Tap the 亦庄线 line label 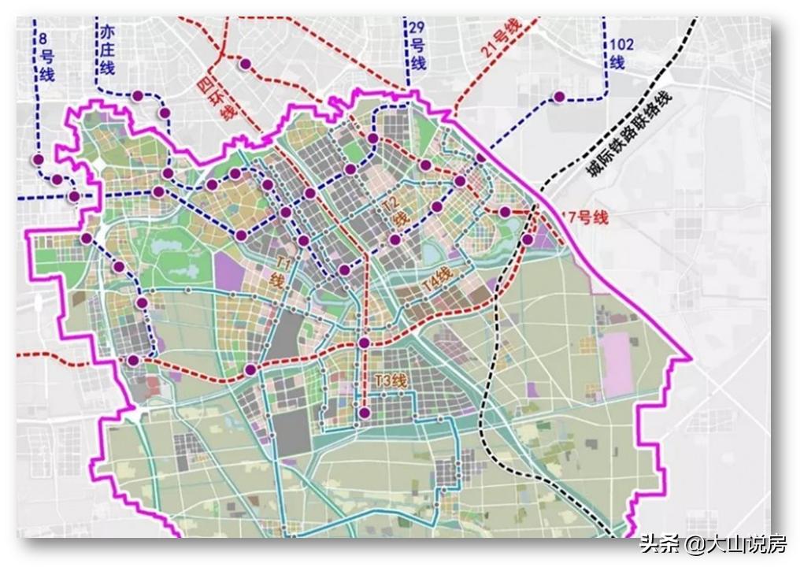pos(107,49)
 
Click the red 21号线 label pos(501,38)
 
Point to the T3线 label pos(391,380)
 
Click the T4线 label pos(437,280)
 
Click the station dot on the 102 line pos(559,97)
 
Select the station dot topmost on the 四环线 pos(246,64)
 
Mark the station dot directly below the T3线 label pos(364,413)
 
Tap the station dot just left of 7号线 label pos(505,211)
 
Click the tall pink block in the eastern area pos(618,362)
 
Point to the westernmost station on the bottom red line pos(133,360)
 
